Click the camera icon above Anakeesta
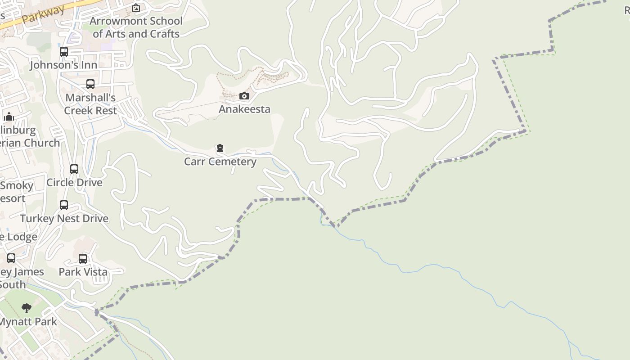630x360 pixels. [x=244, y=96]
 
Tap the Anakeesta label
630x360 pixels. [x=244, y=109]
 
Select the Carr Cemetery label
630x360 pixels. [x=220, y=162]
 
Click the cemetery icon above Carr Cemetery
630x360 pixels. [x=220, y=148]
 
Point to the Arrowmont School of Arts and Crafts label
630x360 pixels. [x=136, y=27]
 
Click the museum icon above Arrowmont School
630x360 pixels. [x=135, y=8]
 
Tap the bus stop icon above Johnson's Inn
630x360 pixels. [x=64, y=52]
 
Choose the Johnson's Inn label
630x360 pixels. [x=63, y=65]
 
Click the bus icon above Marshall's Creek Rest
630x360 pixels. [x=90, y=84]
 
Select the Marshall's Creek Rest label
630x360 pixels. [x=90, y=104]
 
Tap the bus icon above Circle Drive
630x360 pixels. [x=74, y=169]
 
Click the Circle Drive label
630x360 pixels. [x=74, y=182]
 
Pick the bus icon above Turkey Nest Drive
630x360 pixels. [x=64, y=205]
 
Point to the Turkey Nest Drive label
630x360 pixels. [x=64, y=218]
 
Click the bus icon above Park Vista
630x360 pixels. [x=83, y=259]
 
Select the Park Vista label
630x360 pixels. [x=83, y=272]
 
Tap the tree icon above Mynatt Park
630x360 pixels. [x=27, y=308]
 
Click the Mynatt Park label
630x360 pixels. [x=28, y=322]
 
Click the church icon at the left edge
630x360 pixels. [x=9, y=117]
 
